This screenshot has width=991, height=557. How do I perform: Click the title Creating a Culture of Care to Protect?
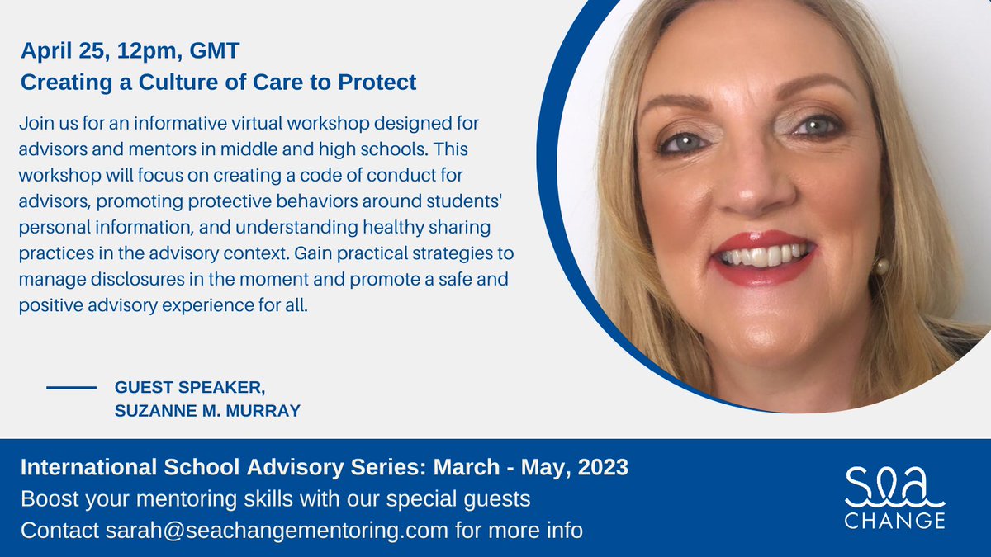coord(218,83)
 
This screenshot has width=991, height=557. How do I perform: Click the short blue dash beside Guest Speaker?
coord(72,387)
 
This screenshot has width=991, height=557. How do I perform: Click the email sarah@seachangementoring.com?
coord(281,530)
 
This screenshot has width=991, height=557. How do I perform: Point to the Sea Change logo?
coord(894,496)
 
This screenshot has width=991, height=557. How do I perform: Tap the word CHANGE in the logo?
coord(894,521)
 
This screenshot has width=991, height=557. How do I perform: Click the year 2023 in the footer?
coord(601,468)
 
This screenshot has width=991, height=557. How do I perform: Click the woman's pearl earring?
coord(882,266)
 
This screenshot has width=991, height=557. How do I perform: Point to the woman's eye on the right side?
coord(817,126)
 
